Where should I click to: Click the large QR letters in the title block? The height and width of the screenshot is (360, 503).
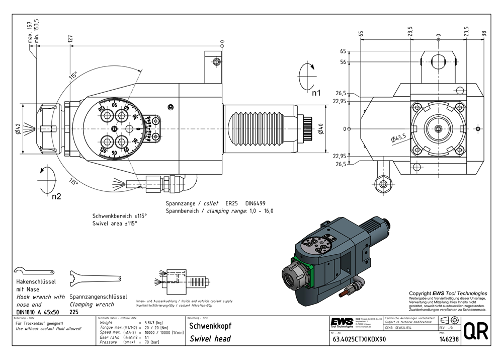(475, 332)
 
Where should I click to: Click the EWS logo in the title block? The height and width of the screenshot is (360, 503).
(341, 322)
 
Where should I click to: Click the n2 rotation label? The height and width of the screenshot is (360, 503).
(56, 196)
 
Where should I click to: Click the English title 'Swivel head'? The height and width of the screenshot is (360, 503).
(210, 339)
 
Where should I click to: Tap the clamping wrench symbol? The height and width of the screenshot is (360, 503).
(96, 278)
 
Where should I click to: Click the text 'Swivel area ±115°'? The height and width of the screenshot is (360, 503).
(115, 223)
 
